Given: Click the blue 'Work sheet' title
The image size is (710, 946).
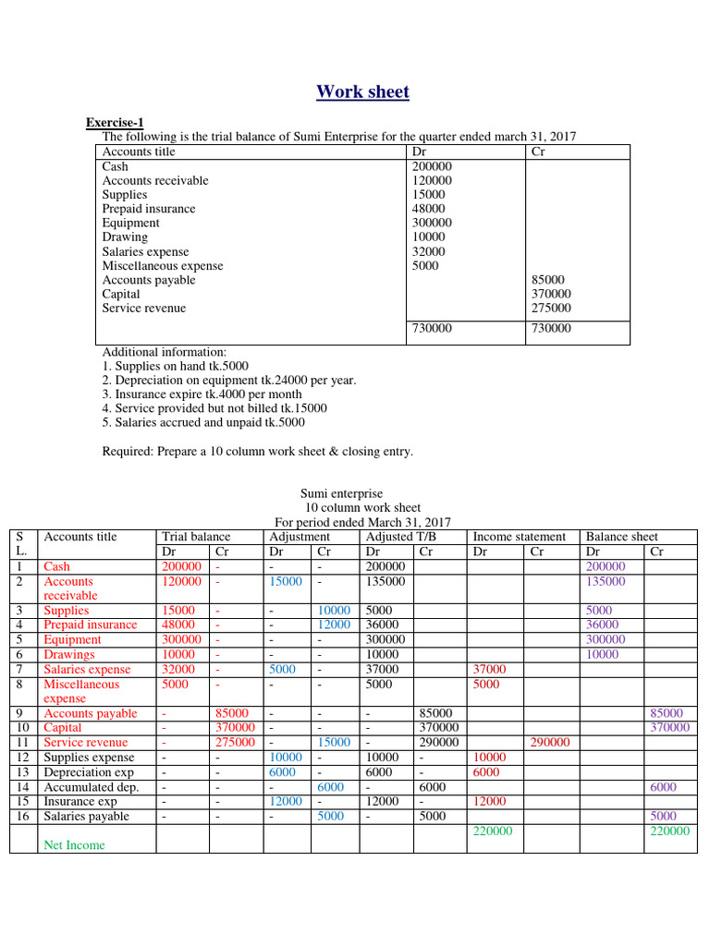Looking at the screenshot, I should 362,91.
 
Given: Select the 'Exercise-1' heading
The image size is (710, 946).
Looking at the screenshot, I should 115,122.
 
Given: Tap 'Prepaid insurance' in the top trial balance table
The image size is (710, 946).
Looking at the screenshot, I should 148,209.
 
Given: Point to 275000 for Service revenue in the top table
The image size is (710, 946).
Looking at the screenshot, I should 551,309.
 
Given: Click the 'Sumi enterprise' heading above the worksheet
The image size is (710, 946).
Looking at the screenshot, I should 342,494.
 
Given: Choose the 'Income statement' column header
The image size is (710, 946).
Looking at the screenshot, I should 519,537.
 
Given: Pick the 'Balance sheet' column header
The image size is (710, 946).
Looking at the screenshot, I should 622,537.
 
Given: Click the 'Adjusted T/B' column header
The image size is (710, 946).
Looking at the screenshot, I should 398,537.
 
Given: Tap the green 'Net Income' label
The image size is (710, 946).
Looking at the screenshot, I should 74,845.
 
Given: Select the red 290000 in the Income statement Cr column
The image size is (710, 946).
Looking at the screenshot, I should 548,743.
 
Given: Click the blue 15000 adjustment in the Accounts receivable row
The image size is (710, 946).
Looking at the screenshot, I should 286,582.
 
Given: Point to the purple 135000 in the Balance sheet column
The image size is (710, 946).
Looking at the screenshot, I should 606,582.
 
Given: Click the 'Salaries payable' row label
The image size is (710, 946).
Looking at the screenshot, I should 87,817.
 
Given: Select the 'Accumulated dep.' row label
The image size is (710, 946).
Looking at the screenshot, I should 91,787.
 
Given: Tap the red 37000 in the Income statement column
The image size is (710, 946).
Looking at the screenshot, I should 489,670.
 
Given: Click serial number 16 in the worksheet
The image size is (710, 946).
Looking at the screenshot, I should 20,817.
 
